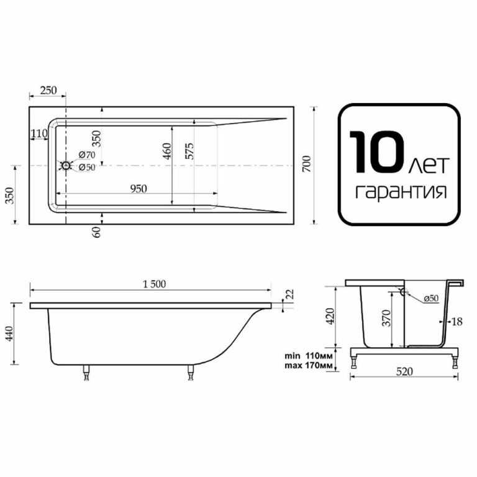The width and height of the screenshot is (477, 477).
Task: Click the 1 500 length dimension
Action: [154, 284]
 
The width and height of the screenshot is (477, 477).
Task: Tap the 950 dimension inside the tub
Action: [139, 189]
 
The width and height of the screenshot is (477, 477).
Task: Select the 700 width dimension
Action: [307, 164]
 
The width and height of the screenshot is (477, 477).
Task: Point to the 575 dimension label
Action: [189, 151]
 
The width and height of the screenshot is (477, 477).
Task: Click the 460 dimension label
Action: [167, 151]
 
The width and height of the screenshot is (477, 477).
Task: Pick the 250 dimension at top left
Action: [48, 90]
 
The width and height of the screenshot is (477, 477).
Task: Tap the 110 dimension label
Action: [39, 134]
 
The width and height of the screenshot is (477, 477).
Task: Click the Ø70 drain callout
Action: [87, 155]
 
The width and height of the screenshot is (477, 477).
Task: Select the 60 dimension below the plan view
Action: [96, 232]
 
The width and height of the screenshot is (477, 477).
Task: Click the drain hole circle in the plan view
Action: [66, 166]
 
